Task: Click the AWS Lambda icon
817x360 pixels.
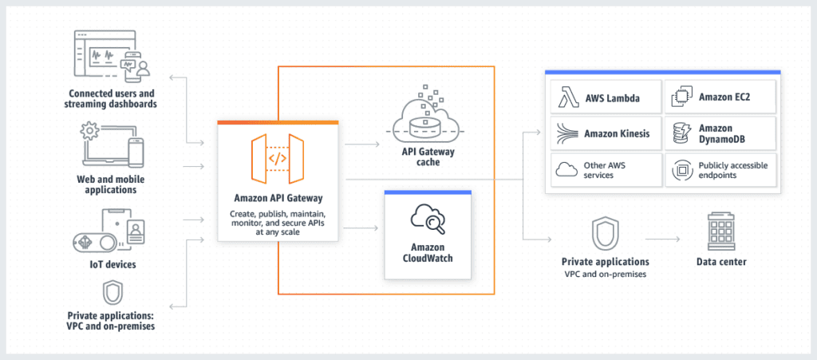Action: pos(566,99)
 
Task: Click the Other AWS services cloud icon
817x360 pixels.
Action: pos(566,169)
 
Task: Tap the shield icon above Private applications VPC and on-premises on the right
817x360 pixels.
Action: pos(604,233)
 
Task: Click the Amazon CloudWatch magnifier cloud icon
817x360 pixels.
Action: pos(427,220)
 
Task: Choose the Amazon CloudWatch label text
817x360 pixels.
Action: pos(427,253)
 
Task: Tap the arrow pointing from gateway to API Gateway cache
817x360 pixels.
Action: pos(364,145)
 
